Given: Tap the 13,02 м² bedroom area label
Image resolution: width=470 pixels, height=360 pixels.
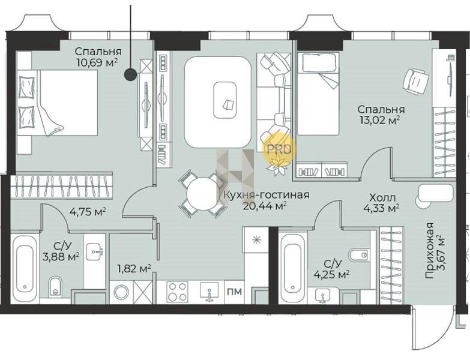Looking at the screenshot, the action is (380, 120).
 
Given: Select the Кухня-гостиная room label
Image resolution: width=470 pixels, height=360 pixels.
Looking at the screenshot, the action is (267, 195).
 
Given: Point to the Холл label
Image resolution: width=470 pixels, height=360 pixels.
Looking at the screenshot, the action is (382, 197).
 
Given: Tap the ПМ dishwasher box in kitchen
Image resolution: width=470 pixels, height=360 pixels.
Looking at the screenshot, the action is (235, 292).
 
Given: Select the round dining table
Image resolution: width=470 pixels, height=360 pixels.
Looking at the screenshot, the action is (202, 194).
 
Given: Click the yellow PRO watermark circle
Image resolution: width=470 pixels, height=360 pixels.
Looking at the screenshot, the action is (279, 149).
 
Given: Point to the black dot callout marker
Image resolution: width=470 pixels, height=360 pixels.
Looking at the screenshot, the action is (130, 74).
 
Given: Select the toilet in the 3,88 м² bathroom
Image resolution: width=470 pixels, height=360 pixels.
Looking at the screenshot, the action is (55, 286).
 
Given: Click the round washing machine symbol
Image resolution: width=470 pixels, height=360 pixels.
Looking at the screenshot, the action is (121, 292).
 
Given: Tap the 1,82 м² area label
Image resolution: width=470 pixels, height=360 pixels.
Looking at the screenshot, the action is (134, 269).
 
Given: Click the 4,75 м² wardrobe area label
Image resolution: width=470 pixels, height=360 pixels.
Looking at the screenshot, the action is (88, 212).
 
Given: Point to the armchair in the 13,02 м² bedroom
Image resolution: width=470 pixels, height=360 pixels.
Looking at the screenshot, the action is (416, 80).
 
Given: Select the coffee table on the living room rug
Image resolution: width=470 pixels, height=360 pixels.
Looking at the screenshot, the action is (225, 100).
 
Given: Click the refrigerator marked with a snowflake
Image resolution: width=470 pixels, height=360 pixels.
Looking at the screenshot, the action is (256, 239).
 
